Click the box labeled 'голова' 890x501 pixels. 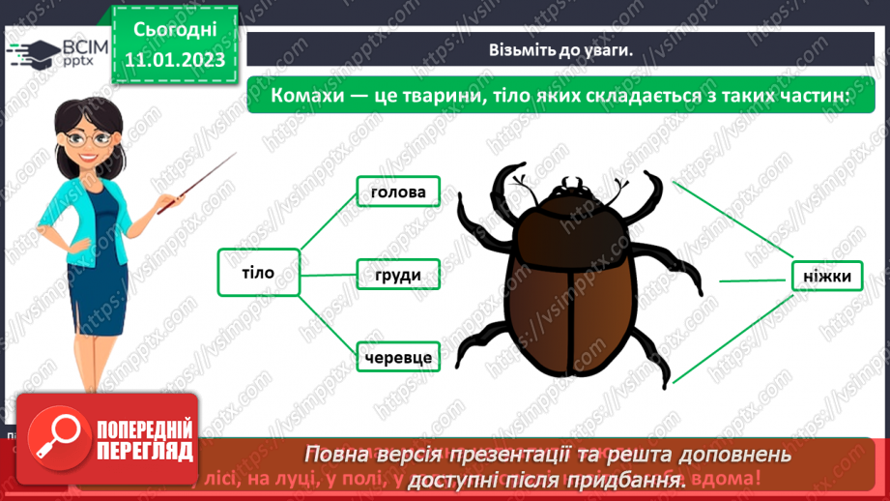click(x=397, y=192)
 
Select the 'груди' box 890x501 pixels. click(x=397, y=275)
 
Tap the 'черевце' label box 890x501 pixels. click(x=397, y=358)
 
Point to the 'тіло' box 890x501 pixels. click(x=258, y=273)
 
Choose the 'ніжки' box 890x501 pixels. click(x=826, y=278)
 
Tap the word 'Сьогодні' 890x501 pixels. click(x=174, y=30)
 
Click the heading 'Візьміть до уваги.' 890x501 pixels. click(x=560, y=49)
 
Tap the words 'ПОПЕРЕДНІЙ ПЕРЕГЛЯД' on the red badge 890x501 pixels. click(x=145, y=440)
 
